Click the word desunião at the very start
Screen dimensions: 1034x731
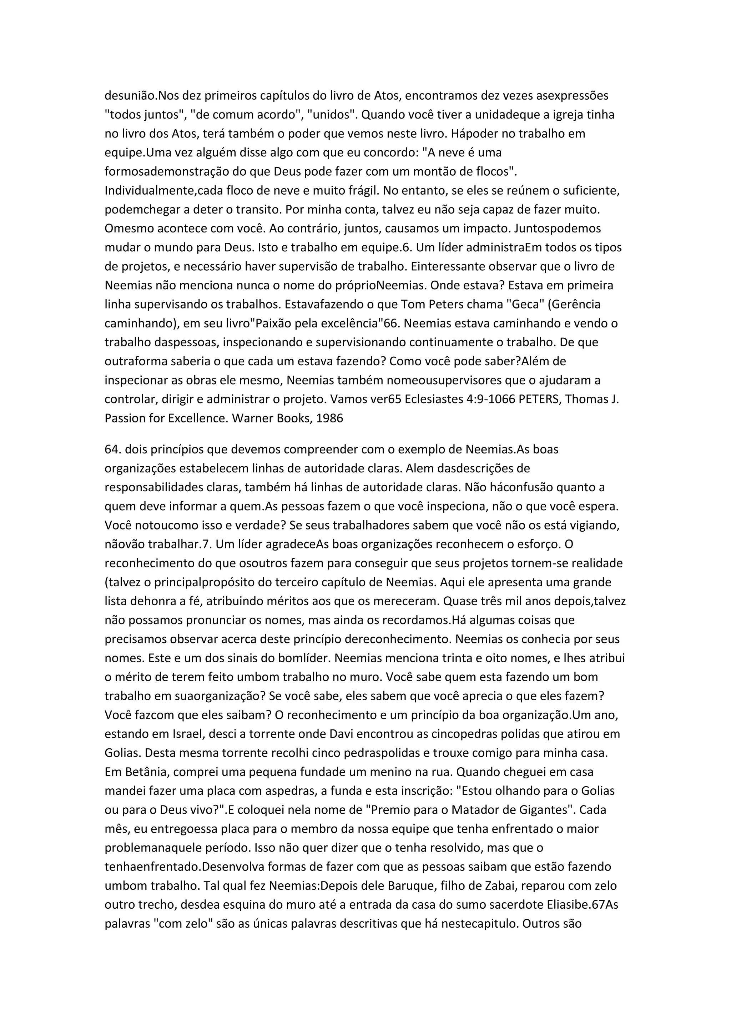[130, 96]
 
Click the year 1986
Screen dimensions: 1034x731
[329, 418]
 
